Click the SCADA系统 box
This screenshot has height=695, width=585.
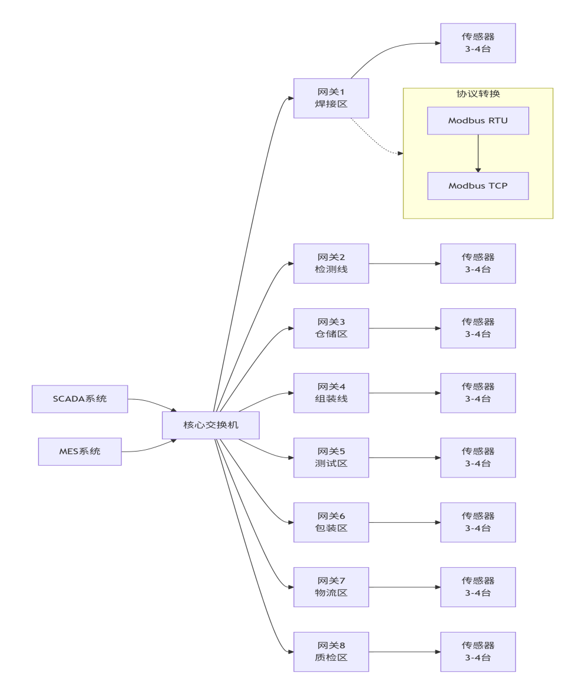(80, 399)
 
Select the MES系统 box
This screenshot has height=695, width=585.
(80, 452)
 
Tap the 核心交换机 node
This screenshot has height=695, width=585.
(210, 425)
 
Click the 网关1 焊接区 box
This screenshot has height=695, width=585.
(331, 98)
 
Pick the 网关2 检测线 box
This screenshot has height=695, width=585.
(331, 263)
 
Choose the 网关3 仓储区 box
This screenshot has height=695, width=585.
(331, 328)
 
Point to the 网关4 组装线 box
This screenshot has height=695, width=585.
(331, 393)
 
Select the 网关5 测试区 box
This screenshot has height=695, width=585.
(331, 457)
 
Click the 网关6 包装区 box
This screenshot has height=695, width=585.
(331, 522)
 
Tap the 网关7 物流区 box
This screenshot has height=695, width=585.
(331, 587)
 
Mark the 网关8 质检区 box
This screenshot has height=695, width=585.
(331, 652)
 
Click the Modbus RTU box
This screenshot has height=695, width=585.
(478, 121)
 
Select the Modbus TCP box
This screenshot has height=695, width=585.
(478, 186)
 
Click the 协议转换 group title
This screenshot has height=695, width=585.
(478, 94)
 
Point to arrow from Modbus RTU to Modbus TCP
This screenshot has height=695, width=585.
(478, 153)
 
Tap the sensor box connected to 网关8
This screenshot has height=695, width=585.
(478, 652)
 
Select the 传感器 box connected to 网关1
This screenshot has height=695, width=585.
(478, 43)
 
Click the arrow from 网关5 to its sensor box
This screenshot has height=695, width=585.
(404, 457)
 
